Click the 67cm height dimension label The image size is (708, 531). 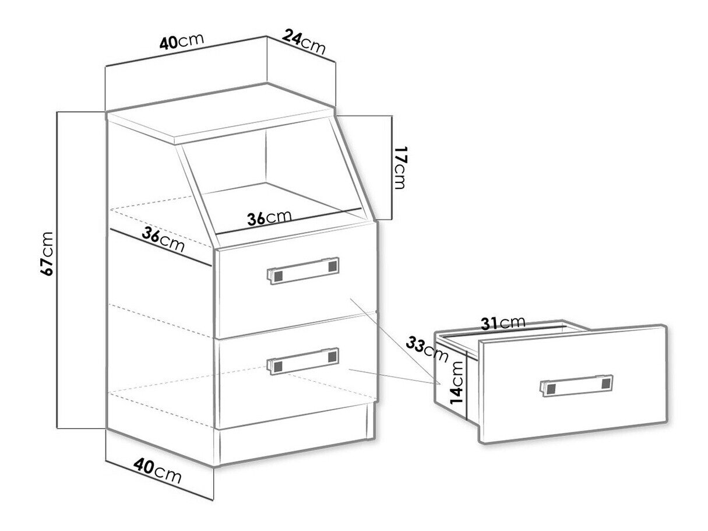click(x=47, y=253)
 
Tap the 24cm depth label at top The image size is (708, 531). click(x=304, y=41)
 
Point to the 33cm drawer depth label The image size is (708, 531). click(x=427, y=350)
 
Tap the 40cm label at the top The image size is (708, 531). click(x=182, y=41)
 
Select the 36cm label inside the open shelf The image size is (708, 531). click(x=269, y=217)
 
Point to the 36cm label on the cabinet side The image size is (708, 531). click(x=163, y=239)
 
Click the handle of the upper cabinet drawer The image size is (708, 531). click(x=303, y=270)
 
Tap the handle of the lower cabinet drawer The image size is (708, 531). click(x=303, y=361)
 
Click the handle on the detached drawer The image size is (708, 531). click(x=576, y=385)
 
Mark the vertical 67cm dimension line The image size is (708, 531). click(x=57, y=270)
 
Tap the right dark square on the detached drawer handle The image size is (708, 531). click(x=605, y=383)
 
